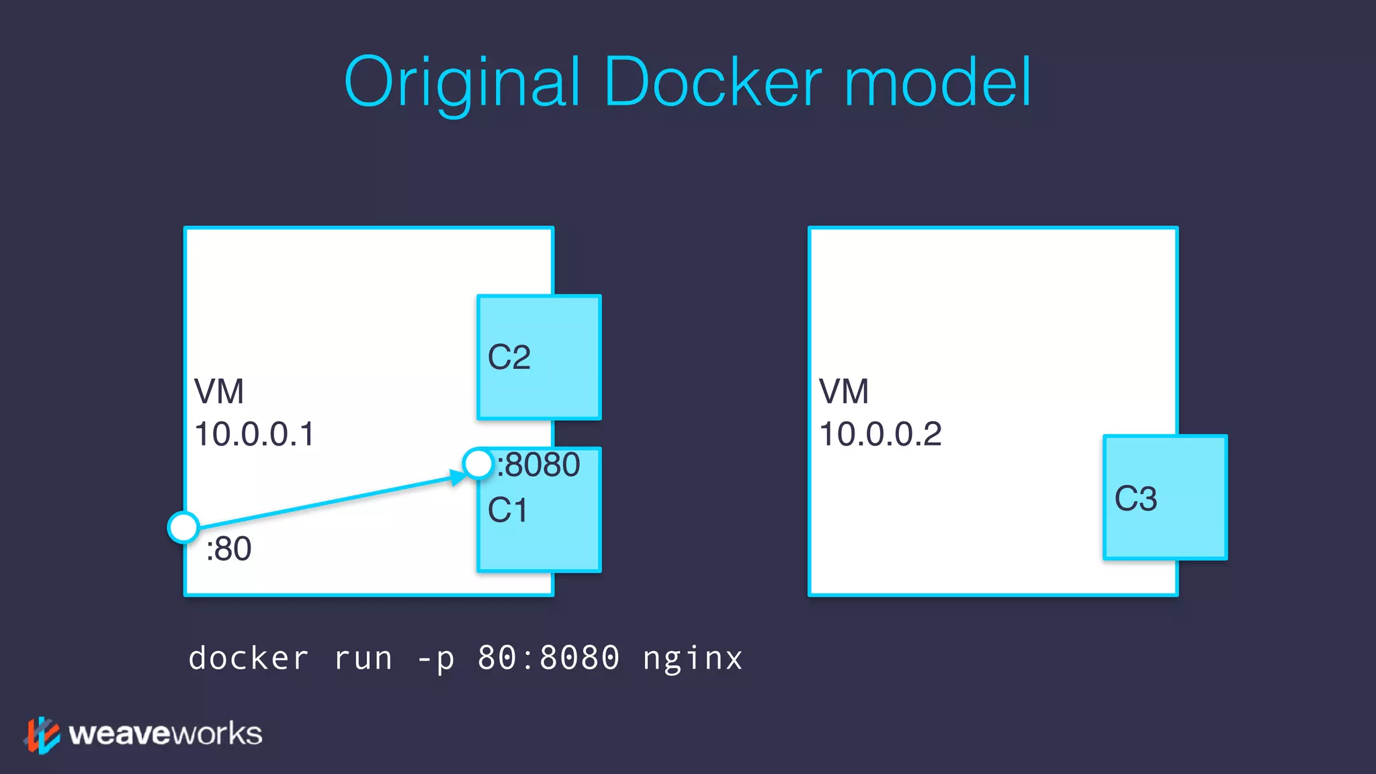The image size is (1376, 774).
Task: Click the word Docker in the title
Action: point(712,83)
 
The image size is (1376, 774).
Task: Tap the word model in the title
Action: point(937,83)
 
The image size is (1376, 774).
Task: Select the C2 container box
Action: point(539,357)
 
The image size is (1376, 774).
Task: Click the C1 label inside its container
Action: point(507,511)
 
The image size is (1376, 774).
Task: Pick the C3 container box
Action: point(1165,498)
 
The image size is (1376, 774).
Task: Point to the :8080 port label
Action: point(539,465)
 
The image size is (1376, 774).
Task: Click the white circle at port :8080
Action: point(478,464)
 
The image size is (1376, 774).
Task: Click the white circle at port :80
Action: point(183,527)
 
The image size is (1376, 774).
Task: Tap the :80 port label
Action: point(229,549)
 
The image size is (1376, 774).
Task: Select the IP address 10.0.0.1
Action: point(254,434)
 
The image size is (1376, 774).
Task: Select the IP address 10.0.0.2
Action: point(880,434)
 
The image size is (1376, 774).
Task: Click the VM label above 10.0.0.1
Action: point(218,392)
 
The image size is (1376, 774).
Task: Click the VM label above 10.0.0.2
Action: point(844,392)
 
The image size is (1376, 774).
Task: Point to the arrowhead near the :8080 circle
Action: point(458,477)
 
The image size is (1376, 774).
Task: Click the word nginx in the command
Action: point(693,658)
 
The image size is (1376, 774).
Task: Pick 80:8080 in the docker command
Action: point(548,658)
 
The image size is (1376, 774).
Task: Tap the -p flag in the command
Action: point(435,658)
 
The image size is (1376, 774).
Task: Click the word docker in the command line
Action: point(249,658)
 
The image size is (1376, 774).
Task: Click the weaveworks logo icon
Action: point(42,734)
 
